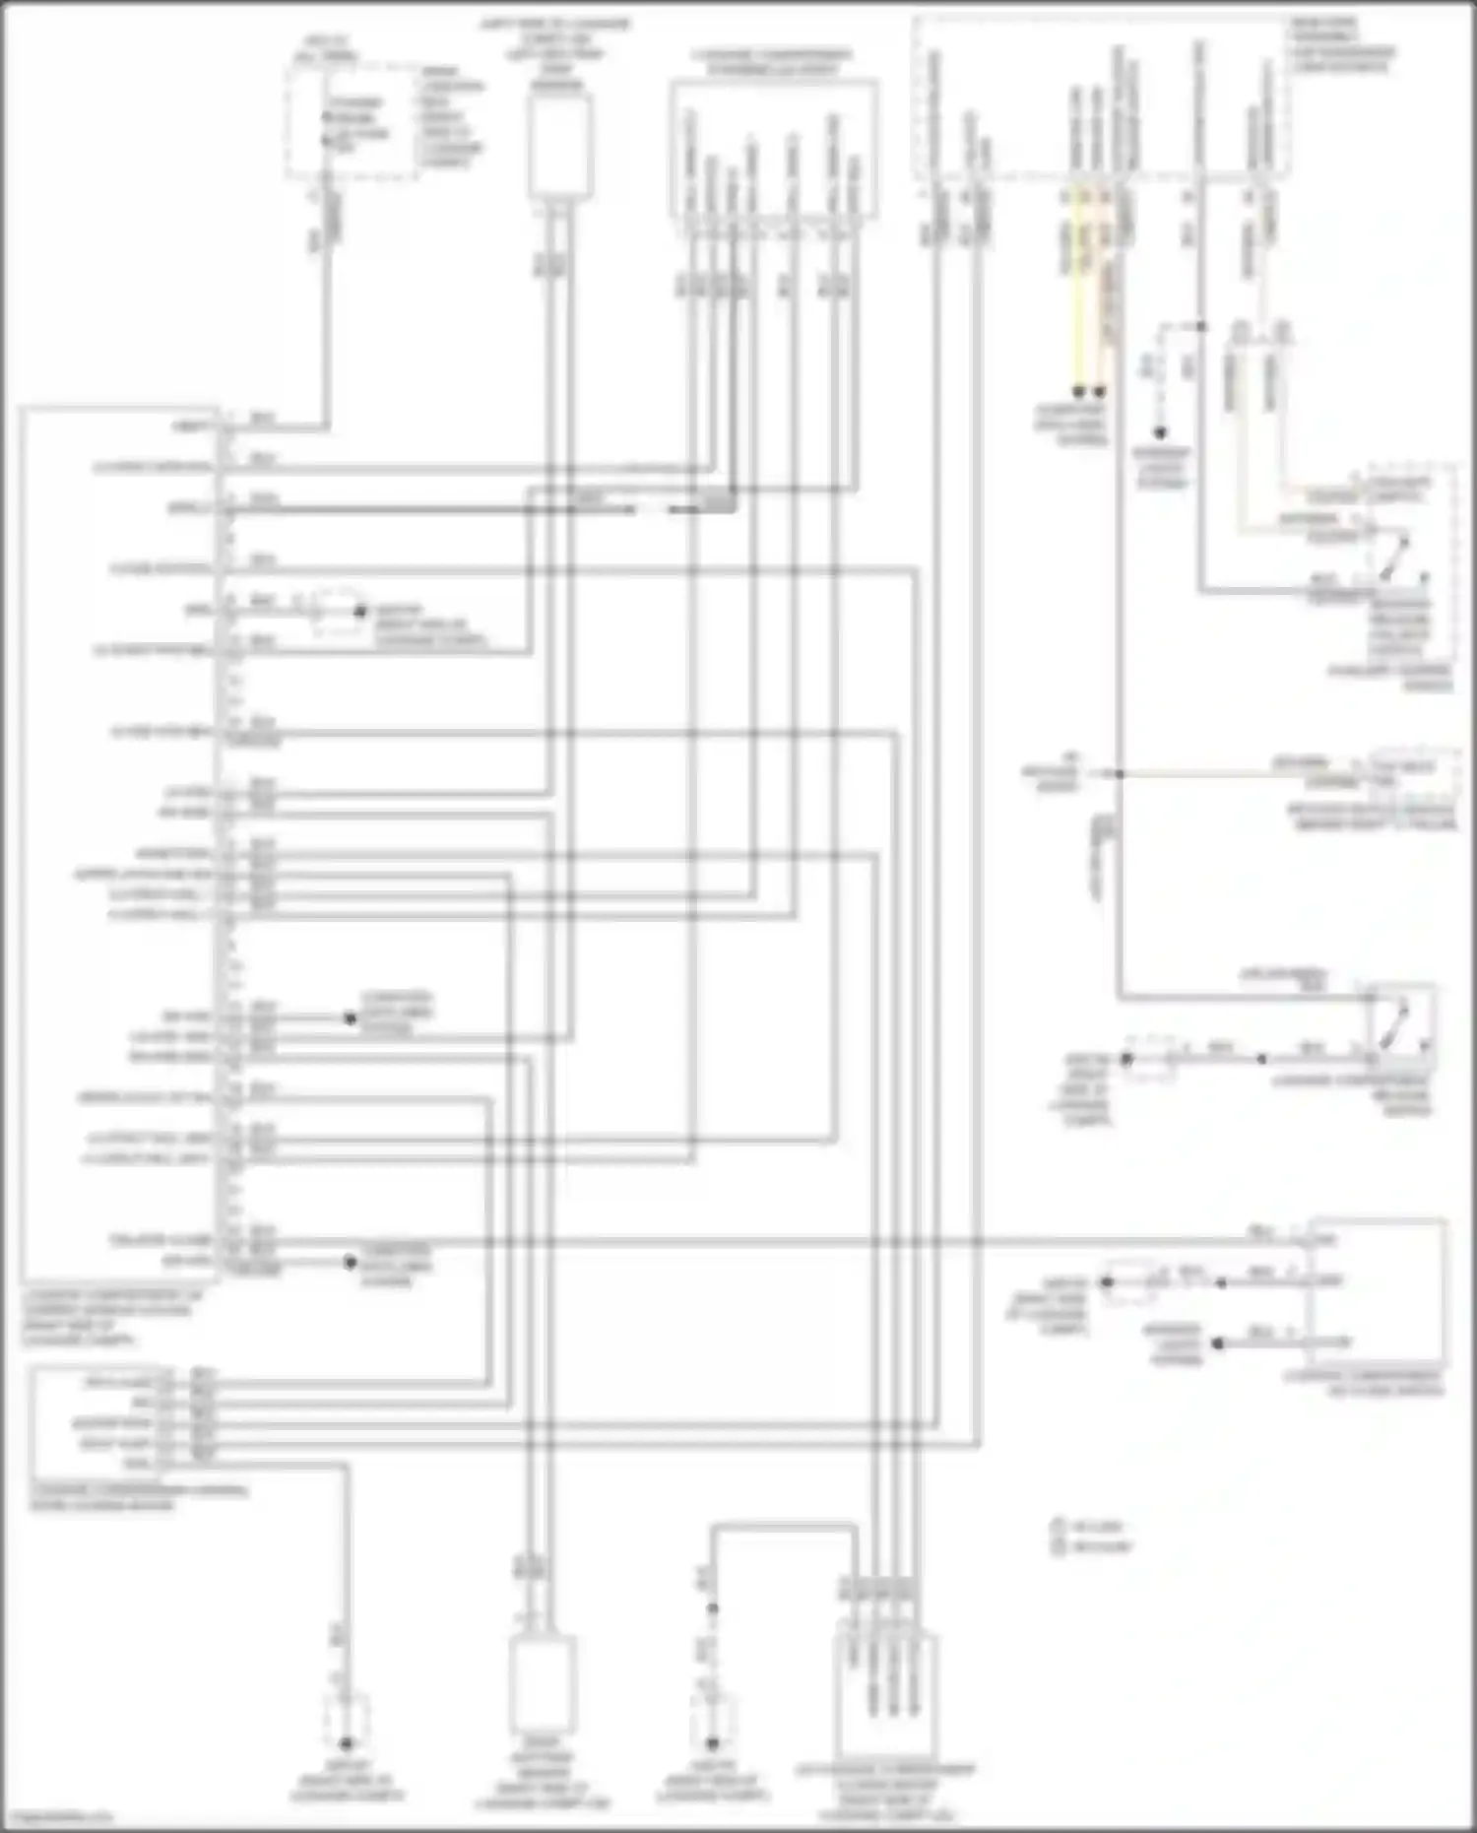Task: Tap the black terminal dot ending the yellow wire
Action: tap(1077, 391)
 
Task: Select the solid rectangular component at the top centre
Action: tap(559, 146)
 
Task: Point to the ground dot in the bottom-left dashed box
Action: tap(346, 1741)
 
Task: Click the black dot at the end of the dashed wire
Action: tap(1161, 432)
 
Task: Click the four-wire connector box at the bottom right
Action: tap(886, 1686)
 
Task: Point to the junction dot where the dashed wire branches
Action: tap(1200, 325)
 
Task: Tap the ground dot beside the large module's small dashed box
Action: tap(360, 612)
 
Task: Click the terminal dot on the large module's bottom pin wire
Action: tap(350, 1262)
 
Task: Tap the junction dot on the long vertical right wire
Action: tap(1119, 774)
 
